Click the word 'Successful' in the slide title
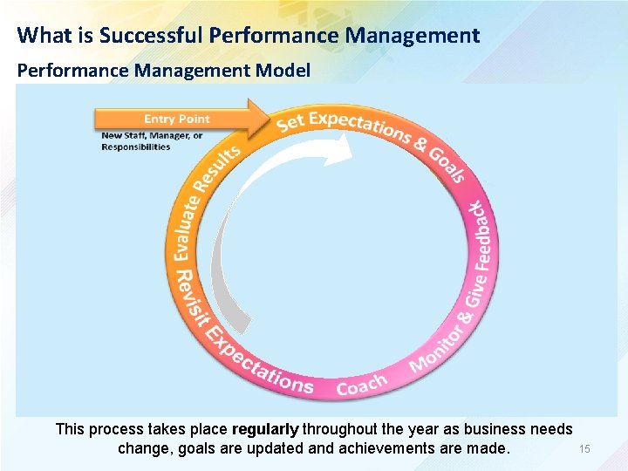tap(152, 35)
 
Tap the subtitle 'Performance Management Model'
tap(163, 70)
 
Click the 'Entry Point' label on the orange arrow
tap(177, 119)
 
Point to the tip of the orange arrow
tap(270, 119)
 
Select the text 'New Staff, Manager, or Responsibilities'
tap(152, 141)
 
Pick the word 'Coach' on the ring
tap(361, 384)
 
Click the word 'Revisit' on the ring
tap(187, 294)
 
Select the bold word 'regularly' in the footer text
tap(264, 429)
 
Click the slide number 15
tap(584, 448)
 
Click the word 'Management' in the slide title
tap(413, 35)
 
